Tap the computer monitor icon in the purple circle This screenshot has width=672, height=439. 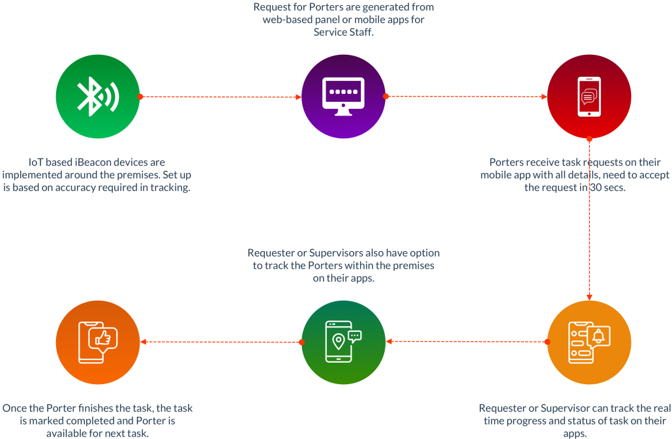tap(344, 97)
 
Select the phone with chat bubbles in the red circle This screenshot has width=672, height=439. tap(589, 97)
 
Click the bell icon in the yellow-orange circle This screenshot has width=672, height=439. tap(599, 336)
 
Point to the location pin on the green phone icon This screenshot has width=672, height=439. tap(337, 341)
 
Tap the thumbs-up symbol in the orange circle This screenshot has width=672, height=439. tap(102, 338)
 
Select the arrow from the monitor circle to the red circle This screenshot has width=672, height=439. tap(466, 97)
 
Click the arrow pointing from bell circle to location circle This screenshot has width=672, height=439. tap(465, 341)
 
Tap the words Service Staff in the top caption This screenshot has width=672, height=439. tap(343, 32)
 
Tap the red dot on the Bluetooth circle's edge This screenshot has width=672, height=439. tap(140, 97)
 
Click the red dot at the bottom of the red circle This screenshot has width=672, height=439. tap(589, 138)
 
